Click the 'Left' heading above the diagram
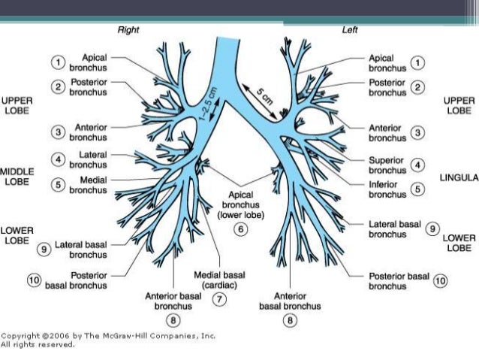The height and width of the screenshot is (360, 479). click(x=350, y=30)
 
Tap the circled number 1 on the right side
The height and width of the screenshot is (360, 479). click(x=419, y=62)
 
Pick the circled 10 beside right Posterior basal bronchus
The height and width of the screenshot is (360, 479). click(x=34, y=280)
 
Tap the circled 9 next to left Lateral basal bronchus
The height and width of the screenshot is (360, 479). click(x=432, y=228)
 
